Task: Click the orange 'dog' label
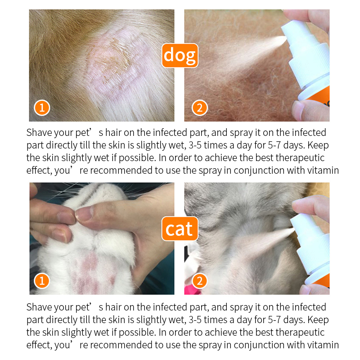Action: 180,55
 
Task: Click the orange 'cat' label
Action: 179,229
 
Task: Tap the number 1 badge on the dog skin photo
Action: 42,108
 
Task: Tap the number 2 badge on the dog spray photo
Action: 199,108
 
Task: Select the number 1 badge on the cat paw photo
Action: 42,281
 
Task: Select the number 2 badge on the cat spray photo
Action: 199,281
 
